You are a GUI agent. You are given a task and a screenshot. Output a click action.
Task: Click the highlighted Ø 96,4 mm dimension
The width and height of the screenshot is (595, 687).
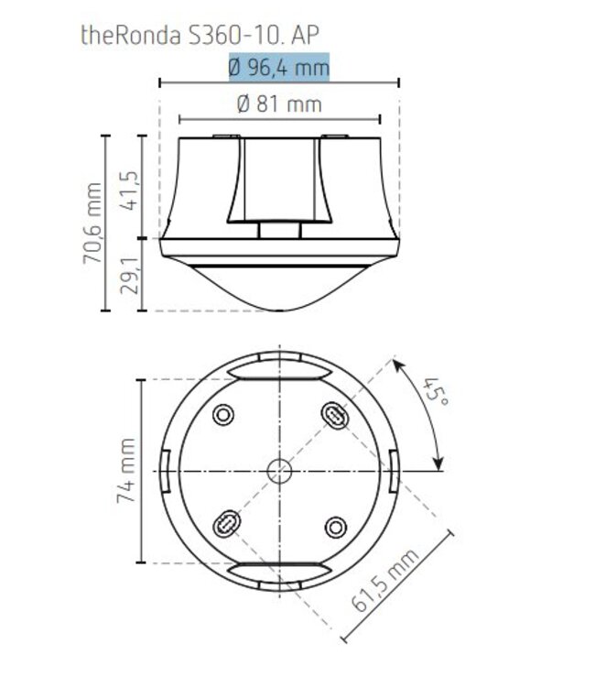(x=279, y=68)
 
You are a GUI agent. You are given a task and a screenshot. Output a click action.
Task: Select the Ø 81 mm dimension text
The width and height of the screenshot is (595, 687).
(x=279, y=104)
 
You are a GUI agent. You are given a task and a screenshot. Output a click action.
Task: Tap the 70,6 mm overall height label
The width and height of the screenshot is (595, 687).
(x=92, y=223)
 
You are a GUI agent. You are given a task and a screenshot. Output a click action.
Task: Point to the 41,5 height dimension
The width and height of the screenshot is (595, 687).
(x=129, y=188)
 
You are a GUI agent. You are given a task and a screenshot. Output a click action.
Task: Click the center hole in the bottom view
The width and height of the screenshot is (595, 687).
(x=279, y=471)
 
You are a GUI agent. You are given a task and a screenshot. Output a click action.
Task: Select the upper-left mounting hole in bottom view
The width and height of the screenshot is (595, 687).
(x=222, y=415)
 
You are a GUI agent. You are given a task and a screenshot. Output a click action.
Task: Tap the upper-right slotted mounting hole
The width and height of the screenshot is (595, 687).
(x=336, y=415)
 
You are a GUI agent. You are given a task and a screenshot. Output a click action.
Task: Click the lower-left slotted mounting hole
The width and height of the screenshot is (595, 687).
(x=224, y=526)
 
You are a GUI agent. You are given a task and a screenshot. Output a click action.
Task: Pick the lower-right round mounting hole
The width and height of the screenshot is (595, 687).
(x=336, y=527)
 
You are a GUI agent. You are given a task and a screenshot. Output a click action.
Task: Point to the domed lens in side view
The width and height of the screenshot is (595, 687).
(x=279, y=286)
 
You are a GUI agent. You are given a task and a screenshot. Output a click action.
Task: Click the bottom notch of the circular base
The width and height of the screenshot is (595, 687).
(x=279, y=571)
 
